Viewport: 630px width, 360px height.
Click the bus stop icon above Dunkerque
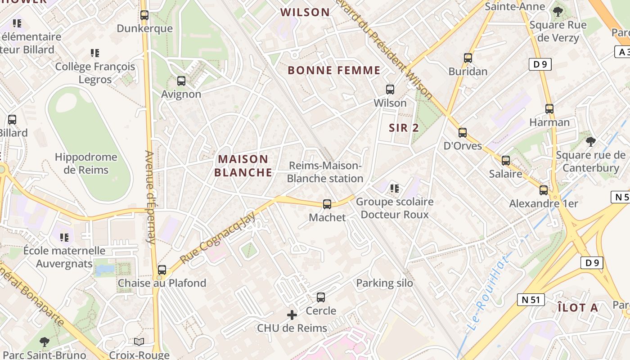click(144, 15)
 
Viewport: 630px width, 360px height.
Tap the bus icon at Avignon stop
click(181, 81)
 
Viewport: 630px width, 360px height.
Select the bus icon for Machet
click(327, 204)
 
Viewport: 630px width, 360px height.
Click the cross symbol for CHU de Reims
click(292, 315)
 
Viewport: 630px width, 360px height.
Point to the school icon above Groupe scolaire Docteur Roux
click(395, 188)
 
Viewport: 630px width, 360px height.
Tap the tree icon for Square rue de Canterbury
click(590, 142)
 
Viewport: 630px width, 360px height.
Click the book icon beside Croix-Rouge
click(139, 342)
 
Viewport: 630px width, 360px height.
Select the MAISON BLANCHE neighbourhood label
click(243, 166)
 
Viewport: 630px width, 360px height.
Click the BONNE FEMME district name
click(334, 70)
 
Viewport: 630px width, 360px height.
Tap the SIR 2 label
click(404, 128)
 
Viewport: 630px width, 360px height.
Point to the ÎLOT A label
click(577, 308)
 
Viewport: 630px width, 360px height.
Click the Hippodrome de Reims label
click(86, 163)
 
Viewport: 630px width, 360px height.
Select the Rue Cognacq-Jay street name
click(218, 238)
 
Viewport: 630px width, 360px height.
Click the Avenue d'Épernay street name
click(149, 197)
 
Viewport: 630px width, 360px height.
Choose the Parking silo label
click(384, 283)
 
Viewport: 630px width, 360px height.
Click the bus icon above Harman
click(549, 109)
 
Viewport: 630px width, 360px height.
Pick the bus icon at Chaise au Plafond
click(162, 270)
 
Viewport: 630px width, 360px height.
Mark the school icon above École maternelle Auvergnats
click(64, 237)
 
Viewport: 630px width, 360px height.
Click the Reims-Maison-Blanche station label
click(325, 172)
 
